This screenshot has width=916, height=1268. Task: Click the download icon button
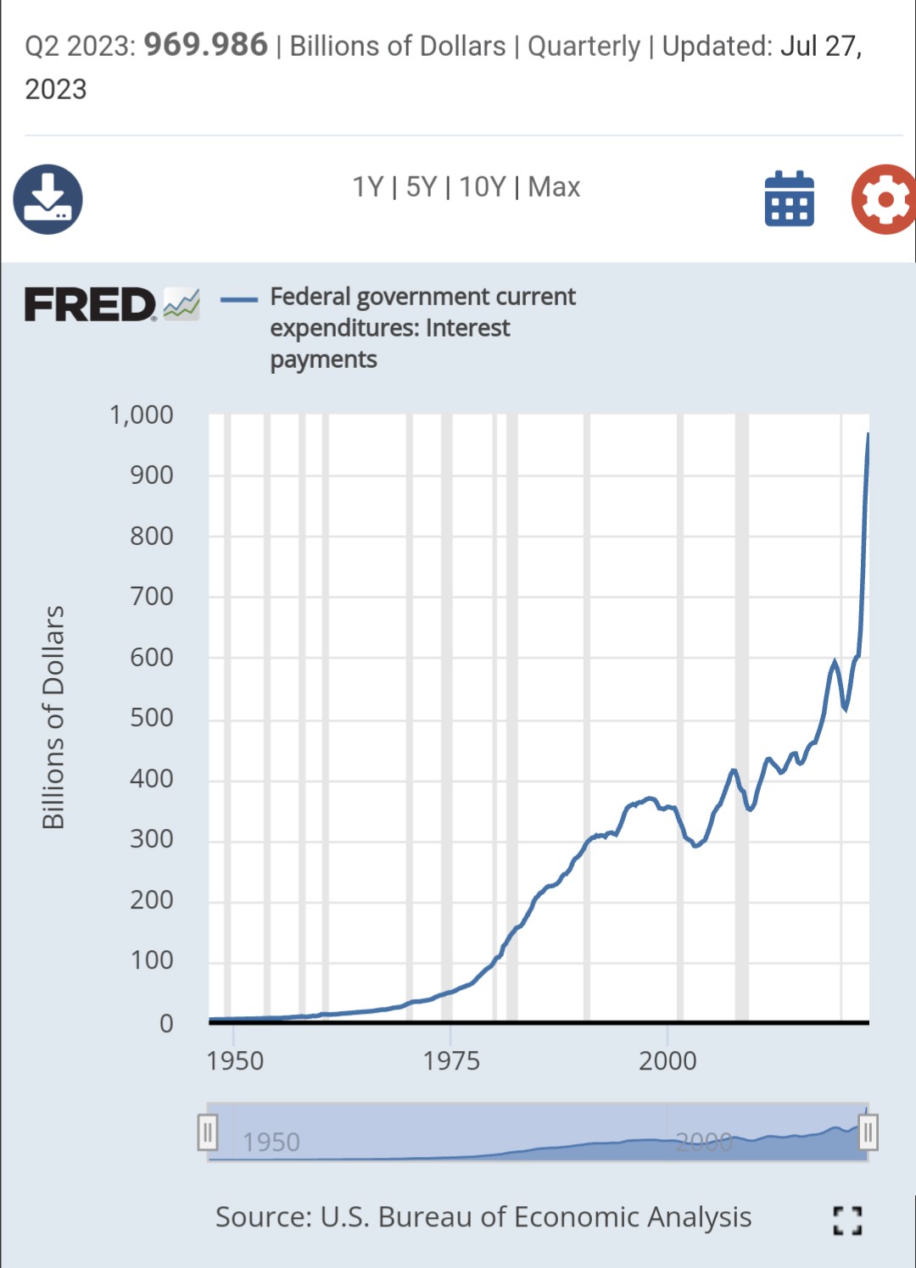(48, 199)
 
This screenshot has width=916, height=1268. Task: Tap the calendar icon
(789, 199)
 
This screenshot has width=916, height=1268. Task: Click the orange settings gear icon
(885, 199)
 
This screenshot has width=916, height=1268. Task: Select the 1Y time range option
(368, 186)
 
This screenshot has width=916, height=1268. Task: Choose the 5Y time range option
(421, 186)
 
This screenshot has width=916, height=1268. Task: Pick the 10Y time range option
(482, 186)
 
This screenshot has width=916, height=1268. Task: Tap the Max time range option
(554, 186)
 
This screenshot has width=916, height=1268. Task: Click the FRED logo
(91, 304)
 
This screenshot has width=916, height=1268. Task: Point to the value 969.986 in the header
(205, 44)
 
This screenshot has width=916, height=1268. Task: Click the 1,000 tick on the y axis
(141, 414)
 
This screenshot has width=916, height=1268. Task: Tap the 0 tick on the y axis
(166, 1023)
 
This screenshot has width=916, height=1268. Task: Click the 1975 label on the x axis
(451, 1060)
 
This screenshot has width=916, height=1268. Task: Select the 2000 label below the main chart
(667, 1060)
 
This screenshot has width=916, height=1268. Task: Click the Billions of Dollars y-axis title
(53, 717)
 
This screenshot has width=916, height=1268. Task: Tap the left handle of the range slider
(208, 1132)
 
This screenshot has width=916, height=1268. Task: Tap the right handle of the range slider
(867, 1132)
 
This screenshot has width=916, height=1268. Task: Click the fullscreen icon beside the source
(847, 1221)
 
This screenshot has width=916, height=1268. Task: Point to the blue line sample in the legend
(239, 299)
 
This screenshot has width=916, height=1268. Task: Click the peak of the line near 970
(867, 434)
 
